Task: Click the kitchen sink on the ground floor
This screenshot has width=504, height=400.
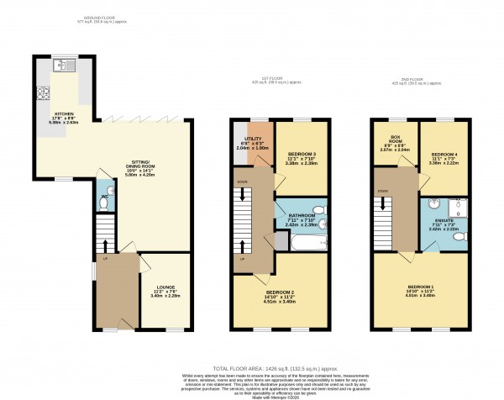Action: point(64,66)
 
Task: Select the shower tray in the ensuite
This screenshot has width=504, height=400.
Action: point(456,205)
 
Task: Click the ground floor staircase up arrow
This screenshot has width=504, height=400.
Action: point(104,242)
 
